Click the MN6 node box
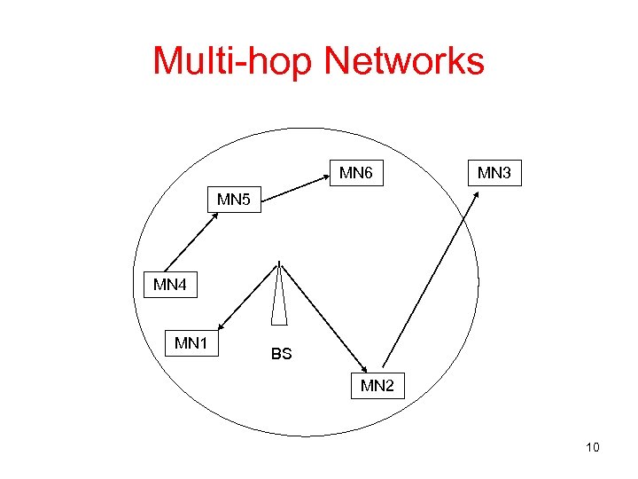(356, 173)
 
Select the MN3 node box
(494, 173)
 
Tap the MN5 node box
(234, 200)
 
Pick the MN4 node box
(170, 285)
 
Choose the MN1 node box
(191, 342)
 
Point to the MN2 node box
(377, 386)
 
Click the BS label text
(281, 354)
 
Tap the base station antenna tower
(279, 297)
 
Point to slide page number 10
(593, 447)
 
